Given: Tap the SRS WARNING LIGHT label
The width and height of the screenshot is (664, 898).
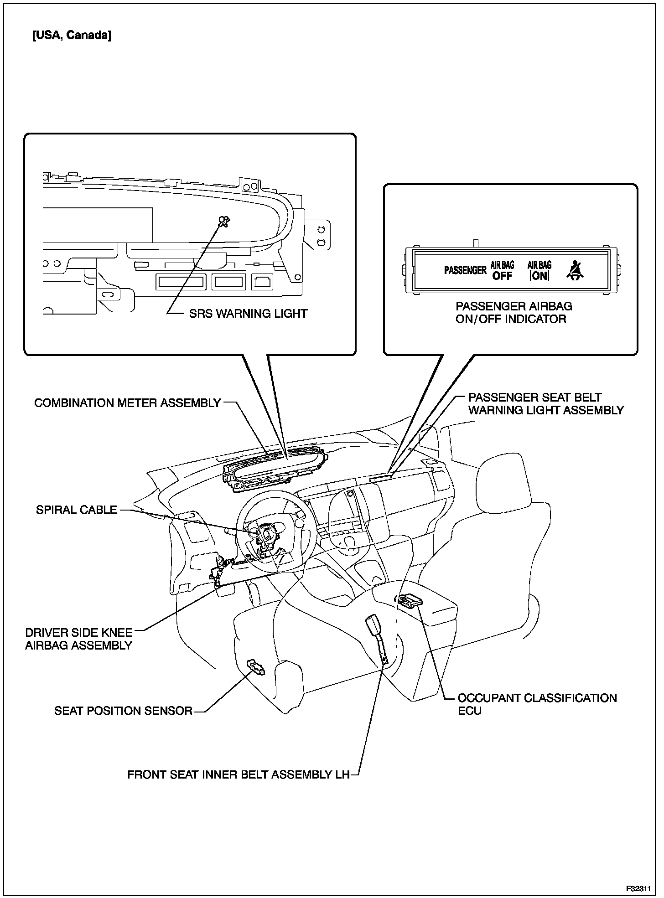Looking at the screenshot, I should click(x=248, y=314).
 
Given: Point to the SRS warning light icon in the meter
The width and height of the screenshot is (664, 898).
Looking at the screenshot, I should click(x=224, y=221).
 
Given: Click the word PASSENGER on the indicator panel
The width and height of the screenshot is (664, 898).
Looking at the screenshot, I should click(x=465, y=270).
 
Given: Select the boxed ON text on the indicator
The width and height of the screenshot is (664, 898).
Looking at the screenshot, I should click(x=539, y=275).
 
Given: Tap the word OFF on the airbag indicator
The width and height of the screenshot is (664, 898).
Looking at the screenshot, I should click(x=502, y=276).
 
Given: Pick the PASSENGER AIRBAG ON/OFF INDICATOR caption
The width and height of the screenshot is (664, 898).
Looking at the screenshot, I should click(x=514, y=313).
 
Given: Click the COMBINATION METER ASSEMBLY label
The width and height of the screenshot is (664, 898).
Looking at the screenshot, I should click(x=128, y=403).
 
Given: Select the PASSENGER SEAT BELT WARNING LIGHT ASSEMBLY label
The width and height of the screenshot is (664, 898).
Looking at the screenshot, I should click(x=545, y=404).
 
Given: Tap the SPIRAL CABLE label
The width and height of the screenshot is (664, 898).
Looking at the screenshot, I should click(x=77, y=510).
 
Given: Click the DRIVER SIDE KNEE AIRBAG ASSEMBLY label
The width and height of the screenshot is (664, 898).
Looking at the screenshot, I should click(x=79, y=639).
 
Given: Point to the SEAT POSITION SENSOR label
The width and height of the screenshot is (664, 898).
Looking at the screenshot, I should click(x=123, y=711).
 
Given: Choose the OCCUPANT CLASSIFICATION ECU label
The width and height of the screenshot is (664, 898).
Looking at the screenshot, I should click(x=537, y=704).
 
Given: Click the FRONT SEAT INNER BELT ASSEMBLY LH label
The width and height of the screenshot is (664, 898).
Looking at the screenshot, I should click(x=238, y=775).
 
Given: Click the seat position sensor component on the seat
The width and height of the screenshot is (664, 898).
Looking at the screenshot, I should click(x=256, y=667).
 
